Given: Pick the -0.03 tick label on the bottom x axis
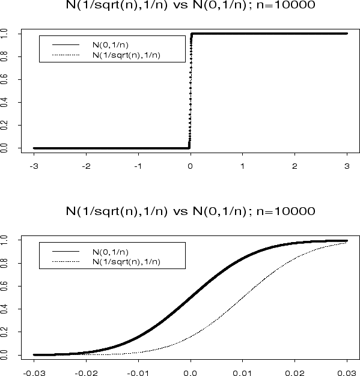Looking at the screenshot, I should pos(34,371).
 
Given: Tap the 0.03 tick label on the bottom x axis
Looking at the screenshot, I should pos(347,371).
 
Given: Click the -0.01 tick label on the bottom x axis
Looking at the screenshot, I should pos(138,371).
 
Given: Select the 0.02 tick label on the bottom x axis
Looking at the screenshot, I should pos(294,371).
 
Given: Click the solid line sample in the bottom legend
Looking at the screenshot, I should pos(66,252).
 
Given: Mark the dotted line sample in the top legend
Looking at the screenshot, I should pos(66,55).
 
